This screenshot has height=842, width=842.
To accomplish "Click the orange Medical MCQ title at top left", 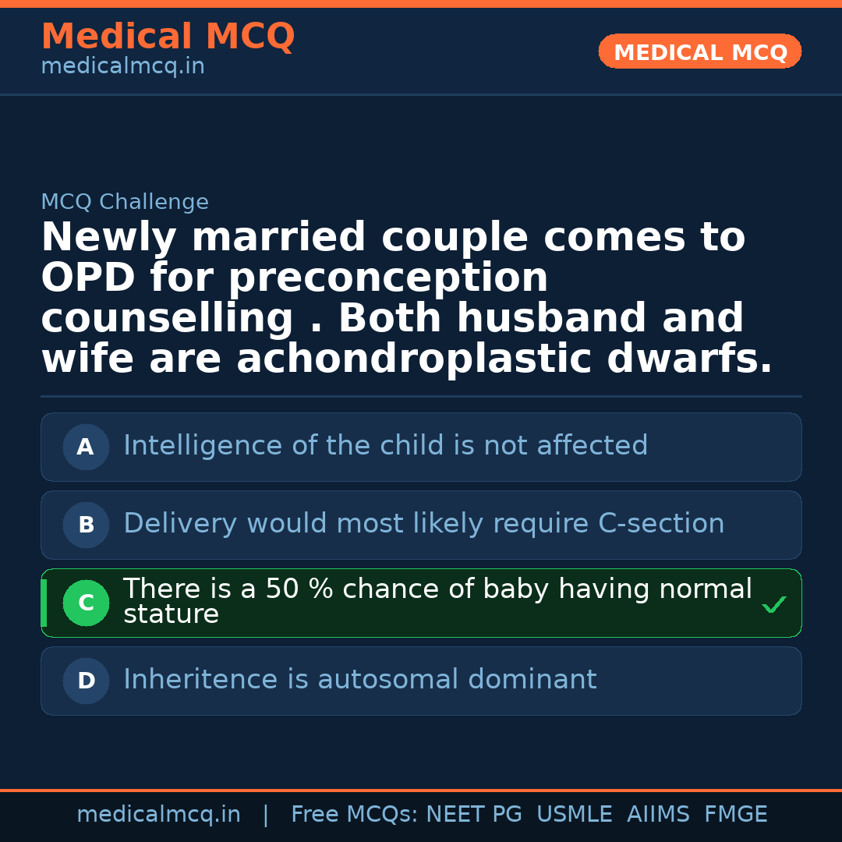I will [x=168, y=37].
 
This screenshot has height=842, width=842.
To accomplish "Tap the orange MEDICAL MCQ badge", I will [x=700, y=52].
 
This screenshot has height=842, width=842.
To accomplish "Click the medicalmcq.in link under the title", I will [x=122, y=66].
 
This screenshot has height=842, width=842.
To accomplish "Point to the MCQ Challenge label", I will [x=125, y=202].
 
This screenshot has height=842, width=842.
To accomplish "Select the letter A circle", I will [x=86, y=447].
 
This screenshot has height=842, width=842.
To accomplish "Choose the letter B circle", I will [x=86, y=525].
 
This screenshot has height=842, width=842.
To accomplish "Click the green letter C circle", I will [x=86, y=603].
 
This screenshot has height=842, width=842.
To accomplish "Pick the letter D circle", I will [x=86, y=681].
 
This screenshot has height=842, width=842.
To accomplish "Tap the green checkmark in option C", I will [x=774, y=604].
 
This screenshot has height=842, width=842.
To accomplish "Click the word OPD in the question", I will [x=87, y=278].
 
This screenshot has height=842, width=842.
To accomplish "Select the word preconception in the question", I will [x=387, y=278].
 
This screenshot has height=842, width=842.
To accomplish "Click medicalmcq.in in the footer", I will [x=158, y=815].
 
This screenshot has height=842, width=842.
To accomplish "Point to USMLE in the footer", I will [x=574, y=815].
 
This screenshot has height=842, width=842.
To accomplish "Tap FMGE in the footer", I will [x=735, y=815].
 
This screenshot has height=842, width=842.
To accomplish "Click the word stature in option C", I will [x=171, y=614].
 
